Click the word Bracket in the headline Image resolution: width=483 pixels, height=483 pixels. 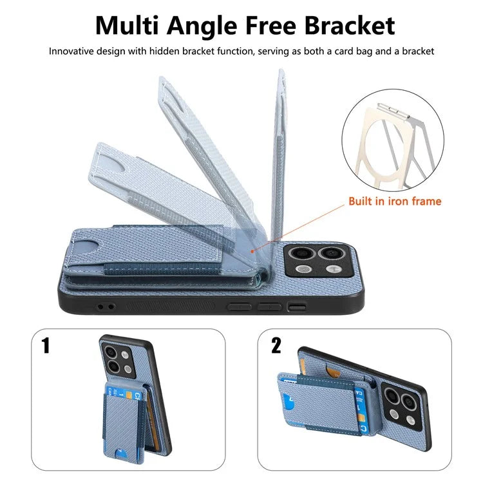point(350,26)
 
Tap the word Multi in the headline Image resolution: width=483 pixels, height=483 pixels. point(127,26)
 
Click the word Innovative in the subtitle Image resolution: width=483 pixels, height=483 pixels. point(71,51)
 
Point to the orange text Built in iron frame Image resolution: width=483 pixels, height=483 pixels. point(395,201)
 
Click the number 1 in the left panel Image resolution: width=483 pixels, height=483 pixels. point(46,345)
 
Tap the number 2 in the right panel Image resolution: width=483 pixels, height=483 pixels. point(276,345)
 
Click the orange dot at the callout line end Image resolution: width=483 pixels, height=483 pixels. point(252,251)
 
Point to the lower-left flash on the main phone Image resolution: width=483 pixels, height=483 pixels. point(303,269)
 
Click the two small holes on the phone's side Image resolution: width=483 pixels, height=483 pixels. point(106,307)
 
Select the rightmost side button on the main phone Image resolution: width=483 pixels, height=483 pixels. point(297,307)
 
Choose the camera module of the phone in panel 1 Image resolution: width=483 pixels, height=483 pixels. point(118,361)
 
